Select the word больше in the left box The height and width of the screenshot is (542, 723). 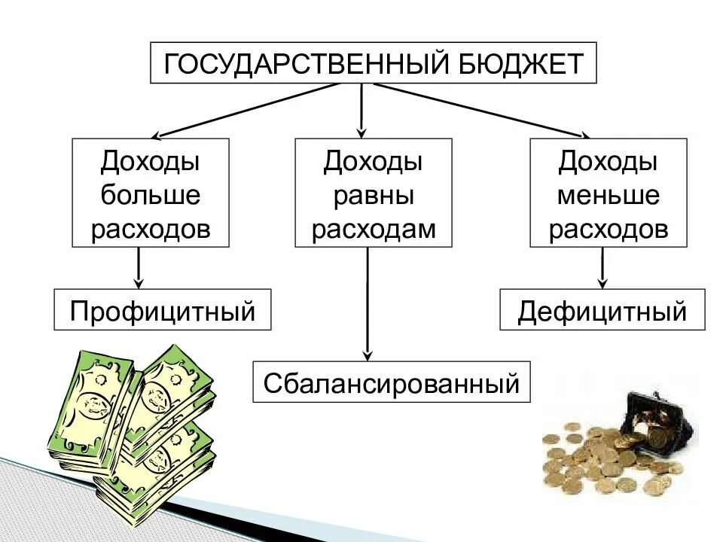(x=151, y=196)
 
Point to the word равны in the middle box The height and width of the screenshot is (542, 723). (x=374, y=196)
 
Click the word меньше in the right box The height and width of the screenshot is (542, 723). (x=609, y=196)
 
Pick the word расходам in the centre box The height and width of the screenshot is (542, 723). (x=374, y=229)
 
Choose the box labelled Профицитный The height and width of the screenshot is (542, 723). (x=162, y=310)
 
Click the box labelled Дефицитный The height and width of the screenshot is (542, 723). (x=602, y=310)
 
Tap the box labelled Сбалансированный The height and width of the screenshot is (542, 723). (x=391, y=382)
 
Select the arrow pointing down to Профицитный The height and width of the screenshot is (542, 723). (x=139, y=267)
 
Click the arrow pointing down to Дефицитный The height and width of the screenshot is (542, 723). (x=602, y=267)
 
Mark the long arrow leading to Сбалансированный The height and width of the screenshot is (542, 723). (x=368, y=301)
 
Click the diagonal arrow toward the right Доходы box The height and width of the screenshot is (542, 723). (x=482, y=110)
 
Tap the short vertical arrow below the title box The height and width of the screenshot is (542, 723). (x=362, y=109)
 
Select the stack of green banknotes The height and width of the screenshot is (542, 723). (x=132, y=429)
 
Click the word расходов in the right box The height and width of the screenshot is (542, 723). (x=609, y=229)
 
